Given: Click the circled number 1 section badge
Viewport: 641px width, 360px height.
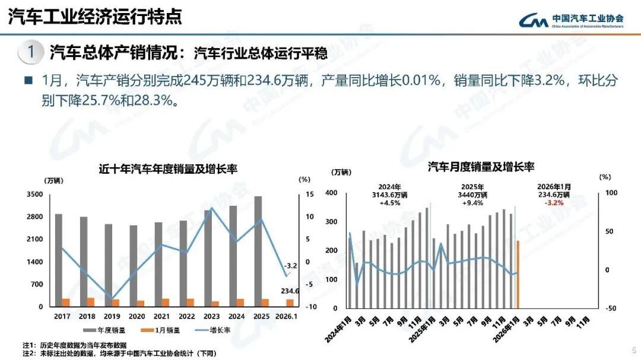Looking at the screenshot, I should tap(31, 52).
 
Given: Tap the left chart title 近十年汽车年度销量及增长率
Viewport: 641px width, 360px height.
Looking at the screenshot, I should tap(168, 169).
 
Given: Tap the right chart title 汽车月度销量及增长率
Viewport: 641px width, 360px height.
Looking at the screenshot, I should tap(481, 167).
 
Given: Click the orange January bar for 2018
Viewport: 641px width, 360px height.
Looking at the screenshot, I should tap(91, 302).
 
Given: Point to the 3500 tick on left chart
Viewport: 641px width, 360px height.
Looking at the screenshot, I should tap(34, 195).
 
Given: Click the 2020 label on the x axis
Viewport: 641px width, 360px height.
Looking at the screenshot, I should tap(137, 317).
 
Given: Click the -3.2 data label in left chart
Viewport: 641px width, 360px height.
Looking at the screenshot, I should tap(290, 266).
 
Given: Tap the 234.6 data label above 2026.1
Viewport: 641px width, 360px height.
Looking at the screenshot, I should tap(290, 291).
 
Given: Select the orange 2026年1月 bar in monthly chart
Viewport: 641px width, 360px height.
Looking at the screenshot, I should tap(518, 274).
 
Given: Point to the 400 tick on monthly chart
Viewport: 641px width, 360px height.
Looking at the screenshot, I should tap(331, 193).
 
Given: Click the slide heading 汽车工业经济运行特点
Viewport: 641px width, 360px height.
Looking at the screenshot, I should tap(94, 17).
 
